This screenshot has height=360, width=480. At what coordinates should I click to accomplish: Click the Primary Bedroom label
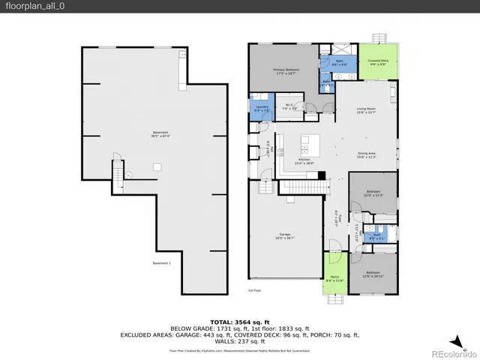pos(286,70)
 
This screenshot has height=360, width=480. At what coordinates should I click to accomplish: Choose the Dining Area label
pos(366,155)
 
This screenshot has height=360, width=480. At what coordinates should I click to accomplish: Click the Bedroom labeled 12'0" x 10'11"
pos(373,274)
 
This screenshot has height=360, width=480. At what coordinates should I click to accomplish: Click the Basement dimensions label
pos(155,136)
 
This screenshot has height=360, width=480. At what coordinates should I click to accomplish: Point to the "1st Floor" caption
pos(255,290)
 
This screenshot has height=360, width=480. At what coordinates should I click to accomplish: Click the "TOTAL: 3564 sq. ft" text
pos(239,320)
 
